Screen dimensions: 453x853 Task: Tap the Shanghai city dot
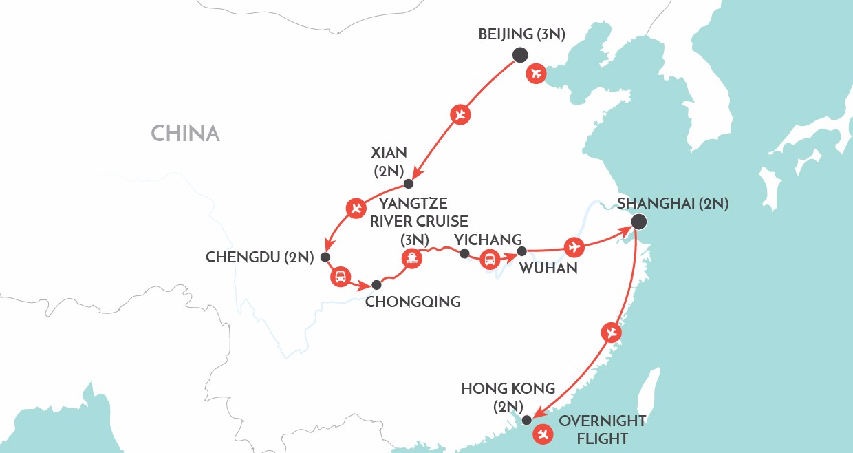pyautogui.click(x=639, y=222)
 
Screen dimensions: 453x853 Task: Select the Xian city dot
pyautogui.click(x=409, y=184)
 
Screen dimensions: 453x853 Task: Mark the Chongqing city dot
pyautogui.click(x=376, y=284)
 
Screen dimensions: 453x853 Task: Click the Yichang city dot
pyautogui.click(x=464, y=254)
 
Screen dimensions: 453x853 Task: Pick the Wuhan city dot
pyautogui.click(x=521, y=251)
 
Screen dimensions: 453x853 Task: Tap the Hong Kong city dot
pyautogui.click(x=526, y=420)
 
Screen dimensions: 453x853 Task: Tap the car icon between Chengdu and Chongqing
pyautogui.click(x=340, y=277)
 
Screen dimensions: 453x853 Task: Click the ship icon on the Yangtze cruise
pyautogui.click(x=411, y=258)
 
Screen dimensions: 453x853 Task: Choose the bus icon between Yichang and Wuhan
pyautogui.click(x=490, y=260)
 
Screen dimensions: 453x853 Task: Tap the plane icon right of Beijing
pyautogui.click(x=536, y=73)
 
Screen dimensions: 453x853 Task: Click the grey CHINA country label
pyautogui.click(x=185, y=133)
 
